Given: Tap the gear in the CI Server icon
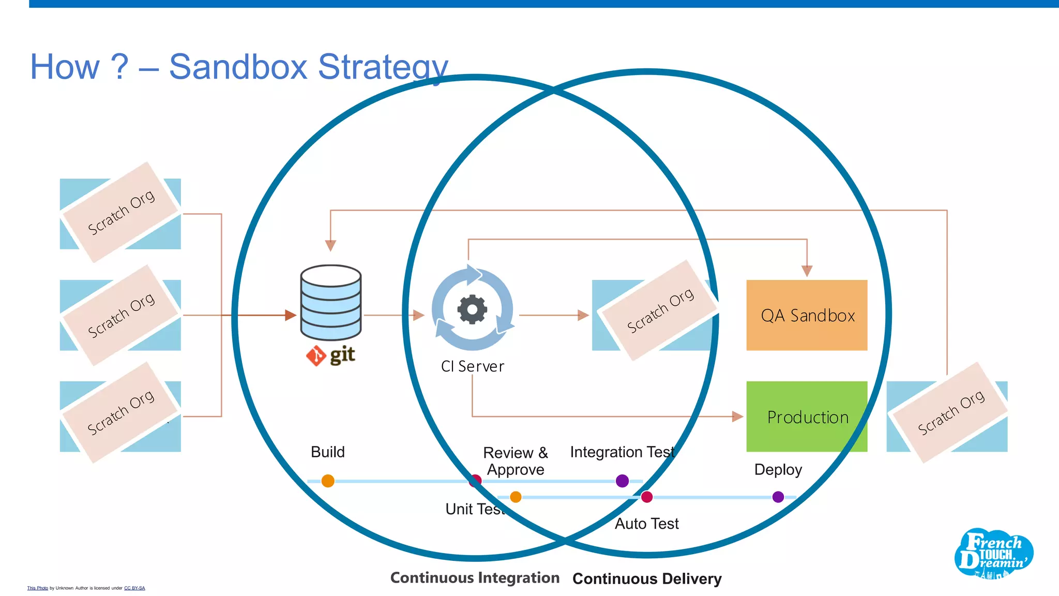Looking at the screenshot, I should click(x=472, y=309).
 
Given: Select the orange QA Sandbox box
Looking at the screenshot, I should click(x=807, y=315).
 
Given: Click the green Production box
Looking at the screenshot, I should click(x=807, y=416).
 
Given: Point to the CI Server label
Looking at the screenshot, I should click(x=472, y=366).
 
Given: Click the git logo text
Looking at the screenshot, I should click(x=342, y=355).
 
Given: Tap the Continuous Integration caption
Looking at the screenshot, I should click(x=475, y=577).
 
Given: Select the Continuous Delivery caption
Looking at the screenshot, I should click(x=647, y=578).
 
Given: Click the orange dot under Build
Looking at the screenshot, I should click(x=328, y=481).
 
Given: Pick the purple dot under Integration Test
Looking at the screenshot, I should click(x=622, y=481).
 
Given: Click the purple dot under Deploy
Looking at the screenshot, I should click(x=778, y=497).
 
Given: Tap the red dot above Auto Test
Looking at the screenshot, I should click(x=646, y=497).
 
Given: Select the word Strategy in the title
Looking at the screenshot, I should click(x=383, y=67).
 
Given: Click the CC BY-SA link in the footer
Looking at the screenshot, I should click(x=134, y=588).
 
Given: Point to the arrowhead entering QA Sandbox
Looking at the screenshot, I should click(x=807, y=271).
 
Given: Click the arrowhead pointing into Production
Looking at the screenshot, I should click(x=737, y=416).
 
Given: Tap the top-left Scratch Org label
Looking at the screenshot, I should click(x=121, y=212).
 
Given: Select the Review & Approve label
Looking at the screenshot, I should click(x=515, y=460).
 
